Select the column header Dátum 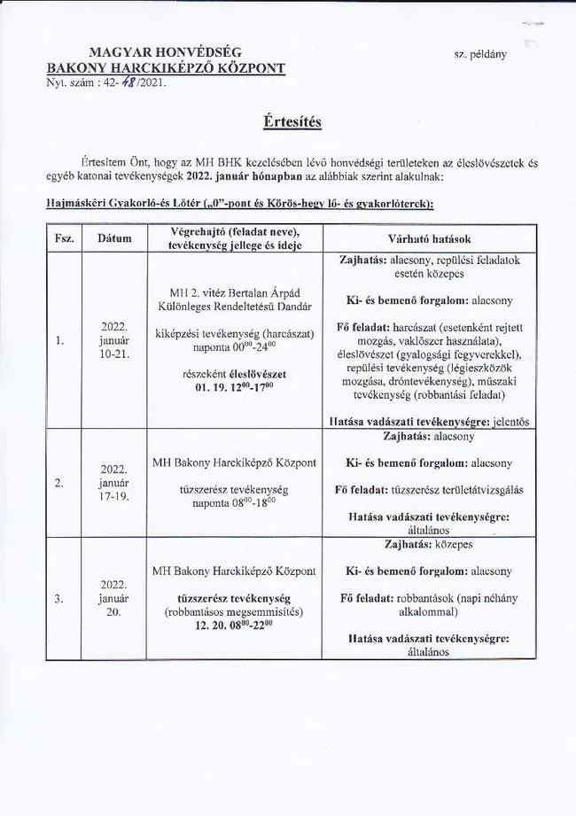[x=114, y=239]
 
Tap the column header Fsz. [x=63, y=239]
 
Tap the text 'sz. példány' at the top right [x=479, y=54]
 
